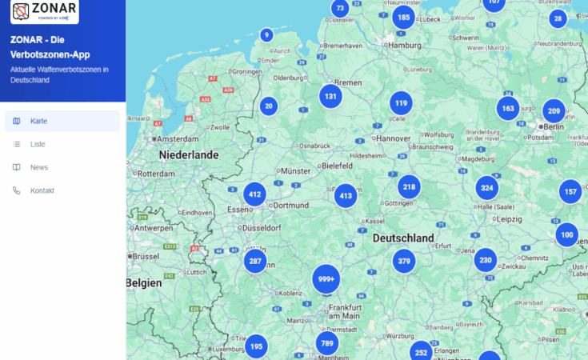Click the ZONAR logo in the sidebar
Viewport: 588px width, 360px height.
point(45,12)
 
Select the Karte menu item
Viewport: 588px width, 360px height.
point(38,121)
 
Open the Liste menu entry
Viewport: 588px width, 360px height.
point(38,144)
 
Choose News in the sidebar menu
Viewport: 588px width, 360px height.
point(39,167)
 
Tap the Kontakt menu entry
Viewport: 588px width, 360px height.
point(42,190)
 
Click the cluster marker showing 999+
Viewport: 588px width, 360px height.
point(326,278)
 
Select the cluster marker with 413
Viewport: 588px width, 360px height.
point(346,195)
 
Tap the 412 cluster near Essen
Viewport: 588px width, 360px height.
point(255,194)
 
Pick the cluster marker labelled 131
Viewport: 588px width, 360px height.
point(330,97)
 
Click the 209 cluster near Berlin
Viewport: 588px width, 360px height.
point(554,111)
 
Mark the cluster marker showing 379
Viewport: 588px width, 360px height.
point(404,261)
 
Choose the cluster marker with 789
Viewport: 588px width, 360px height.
point(326,344)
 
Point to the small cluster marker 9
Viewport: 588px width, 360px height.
point(266,35)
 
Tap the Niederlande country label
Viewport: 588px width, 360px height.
point(189,154)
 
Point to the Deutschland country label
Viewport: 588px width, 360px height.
point(403,238)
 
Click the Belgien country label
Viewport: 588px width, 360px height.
point(144,282)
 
